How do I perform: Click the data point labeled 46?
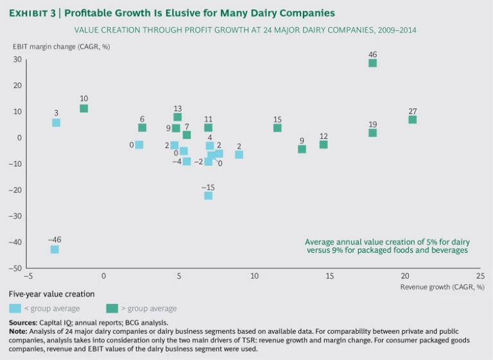372,63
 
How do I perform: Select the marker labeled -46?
55,249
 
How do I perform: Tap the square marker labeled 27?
412,119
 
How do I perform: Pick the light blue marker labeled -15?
208,195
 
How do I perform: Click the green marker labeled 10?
83,108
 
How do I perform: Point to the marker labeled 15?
277,128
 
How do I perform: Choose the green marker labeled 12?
324,144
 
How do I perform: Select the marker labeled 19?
372,133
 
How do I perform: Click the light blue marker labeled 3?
56,123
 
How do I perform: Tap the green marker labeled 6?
142,128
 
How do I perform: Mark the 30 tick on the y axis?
17,60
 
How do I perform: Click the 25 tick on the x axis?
480,277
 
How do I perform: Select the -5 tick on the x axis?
28,277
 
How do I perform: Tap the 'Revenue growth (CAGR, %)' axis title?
442,287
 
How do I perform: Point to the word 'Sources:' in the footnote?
22,322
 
